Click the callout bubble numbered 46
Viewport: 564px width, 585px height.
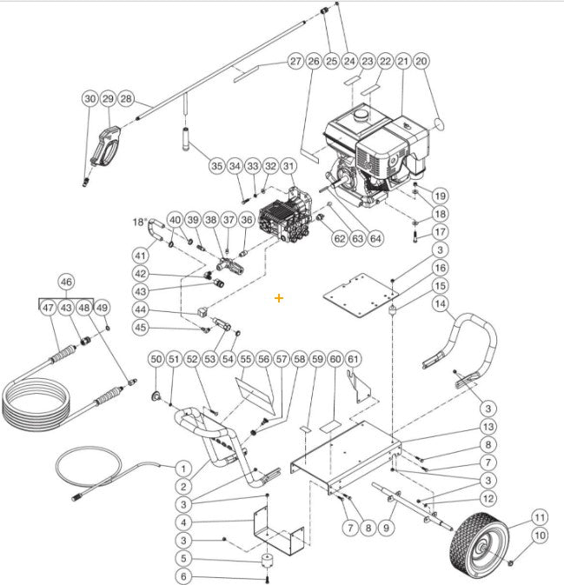(x=66, y=282)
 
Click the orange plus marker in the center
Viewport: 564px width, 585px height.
(x=279, y=298)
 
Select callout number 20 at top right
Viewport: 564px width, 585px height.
(x=421, y=62)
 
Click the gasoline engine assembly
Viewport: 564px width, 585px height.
(x=374, y=156)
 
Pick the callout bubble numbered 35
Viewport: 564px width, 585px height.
(x=216, y=165)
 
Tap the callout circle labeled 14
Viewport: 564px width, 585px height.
(x=441, y=304)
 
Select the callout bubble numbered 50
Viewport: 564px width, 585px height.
(x=156, y=359)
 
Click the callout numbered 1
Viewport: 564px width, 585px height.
(x=183, y=469)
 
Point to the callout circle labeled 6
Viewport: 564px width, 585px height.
(x=183, y=576)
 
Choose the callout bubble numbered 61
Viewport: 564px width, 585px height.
(x=353, y=359)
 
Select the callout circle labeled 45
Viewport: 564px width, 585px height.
(x=139, y=328)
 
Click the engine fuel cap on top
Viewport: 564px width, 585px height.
(x=358, y=114)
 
